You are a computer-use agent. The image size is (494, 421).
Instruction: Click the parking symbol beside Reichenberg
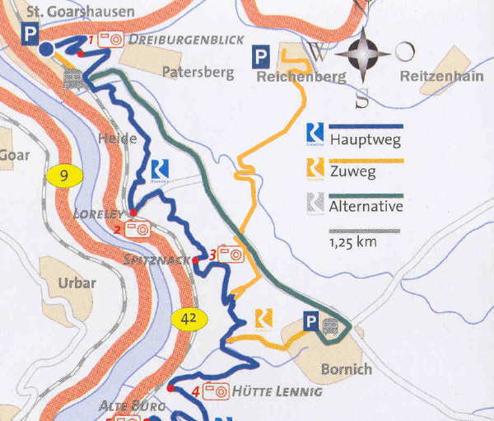pyautogui.click(x=261, y=57)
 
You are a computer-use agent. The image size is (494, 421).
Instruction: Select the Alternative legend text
pyautogui.click(x=366, y=206)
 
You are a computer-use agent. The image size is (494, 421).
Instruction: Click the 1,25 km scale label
pyautogui.click(x=353, y=243)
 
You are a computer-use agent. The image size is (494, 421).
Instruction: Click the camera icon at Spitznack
pyautogui.click(x=232, y=255)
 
